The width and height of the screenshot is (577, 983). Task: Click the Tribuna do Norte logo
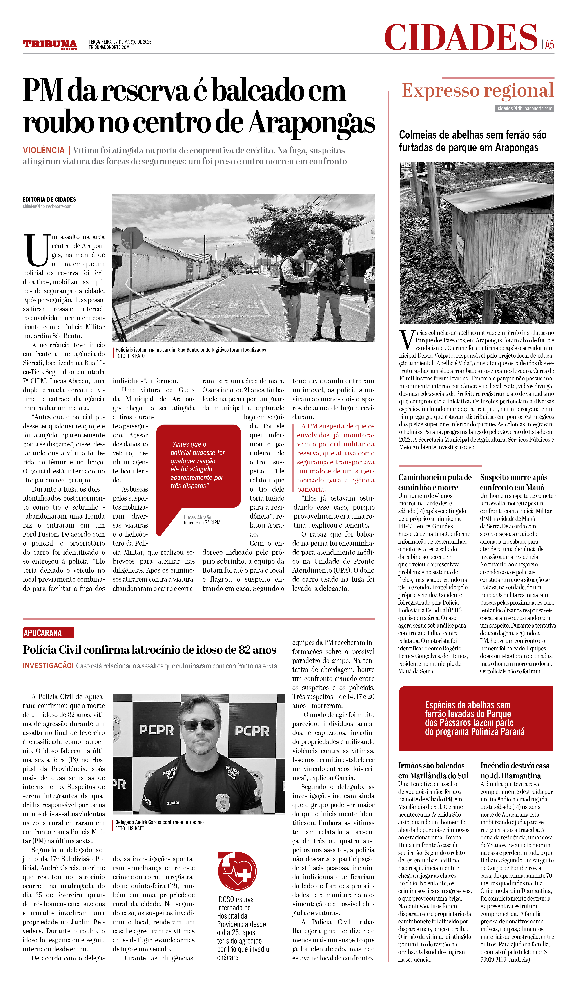point(50,44)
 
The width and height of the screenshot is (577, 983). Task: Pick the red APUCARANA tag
point(43,633)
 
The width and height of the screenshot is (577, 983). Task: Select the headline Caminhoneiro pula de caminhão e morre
point(435,482)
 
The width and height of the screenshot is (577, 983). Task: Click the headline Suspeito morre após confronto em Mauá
point(513,482)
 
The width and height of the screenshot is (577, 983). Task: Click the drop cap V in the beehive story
point(406,340)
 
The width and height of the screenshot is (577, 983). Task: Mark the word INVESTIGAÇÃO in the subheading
point(48,665)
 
